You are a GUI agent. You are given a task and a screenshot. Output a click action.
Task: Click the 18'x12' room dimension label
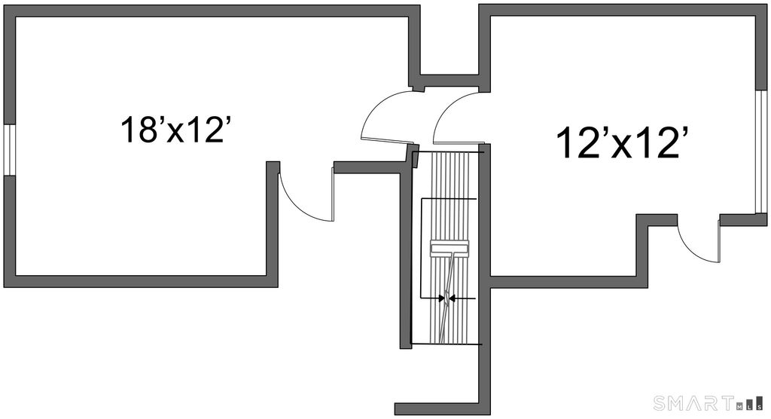pos(175,130)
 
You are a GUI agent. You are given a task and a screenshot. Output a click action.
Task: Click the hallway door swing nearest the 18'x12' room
pos(385,121)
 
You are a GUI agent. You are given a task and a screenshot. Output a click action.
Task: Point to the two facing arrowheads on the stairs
pos(449,298)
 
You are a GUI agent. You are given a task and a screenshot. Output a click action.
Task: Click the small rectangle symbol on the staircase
pos(449,247)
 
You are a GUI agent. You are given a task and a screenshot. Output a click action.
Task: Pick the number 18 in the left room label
pos(139,130)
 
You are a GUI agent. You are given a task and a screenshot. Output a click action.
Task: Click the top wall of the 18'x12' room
pos(211,10)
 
